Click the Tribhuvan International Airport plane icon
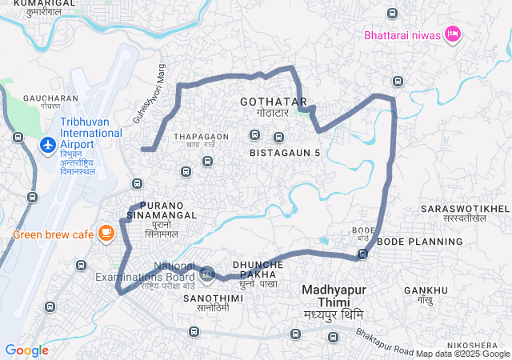pos(47,146)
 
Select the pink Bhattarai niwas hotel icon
pos(452,34)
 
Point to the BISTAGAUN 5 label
pos(284,152)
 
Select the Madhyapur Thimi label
pos(328,296)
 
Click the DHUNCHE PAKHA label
pos(258,269)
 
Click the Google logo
pos(26,350)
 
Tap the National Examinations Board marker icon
pos(206,274)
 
